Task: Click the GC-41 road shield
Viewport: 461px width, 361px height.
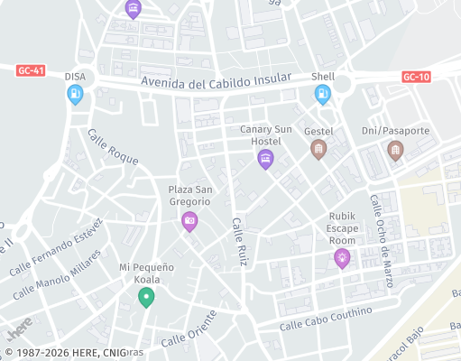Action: [31, 70]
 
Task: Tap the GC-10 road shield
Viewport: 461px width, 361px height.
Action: [416, 78]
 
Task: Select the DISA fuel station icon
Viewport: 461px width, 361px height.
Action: [76, 95]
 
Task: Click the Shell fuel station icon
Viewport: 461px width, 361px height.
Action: [322, 94]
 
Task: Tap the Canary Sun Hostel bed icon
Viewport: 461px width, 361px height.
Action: [265, 160]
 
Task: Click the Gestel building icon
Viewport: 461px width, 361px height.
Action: [318, 149]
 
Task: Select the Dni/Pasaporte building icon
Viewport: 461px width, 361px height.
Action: [394, 149]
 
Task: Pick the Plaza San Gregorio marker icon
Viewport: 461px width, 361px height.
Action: [189, 220]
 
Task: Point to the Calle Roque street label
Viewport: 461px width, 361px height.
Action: [113, 146]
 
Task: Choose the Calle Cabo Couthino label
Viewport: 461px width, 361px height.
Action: [326, 319]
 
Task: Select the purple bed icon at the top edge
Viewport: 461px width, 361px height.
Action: [134, 8]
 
